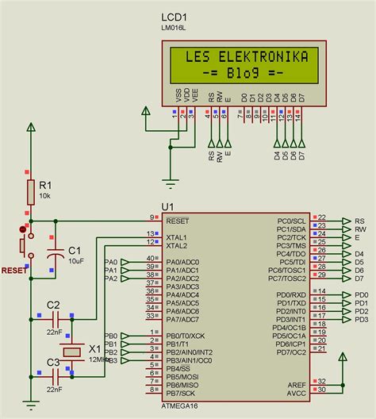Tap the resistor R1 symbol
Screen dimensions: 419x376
pos(31,191)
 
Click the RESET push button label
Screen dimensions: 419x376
pos(13,270)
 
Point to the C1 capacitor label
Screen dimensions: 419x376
pos(75,249)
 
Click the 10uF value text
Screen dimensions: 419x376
pos(76,260)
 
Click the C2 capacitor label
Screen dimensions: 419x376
pos(53,305)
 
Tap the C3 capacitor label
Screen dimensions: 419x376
pos(53,362)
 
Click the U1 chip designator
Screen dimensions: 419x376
pos(167,206)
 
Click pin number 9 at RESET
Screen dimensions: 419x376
pos(152,217)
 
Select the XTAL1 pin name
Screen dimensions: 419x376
pos(176,237)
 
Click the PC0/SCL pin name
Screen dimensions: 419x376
pos(292,221)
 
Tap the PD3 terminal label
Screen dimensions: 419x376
pos(362,320)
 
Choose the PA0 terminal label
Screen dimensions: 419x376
pos(111,262)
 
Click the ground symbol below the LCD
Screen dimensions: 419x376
pos(169,182)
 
